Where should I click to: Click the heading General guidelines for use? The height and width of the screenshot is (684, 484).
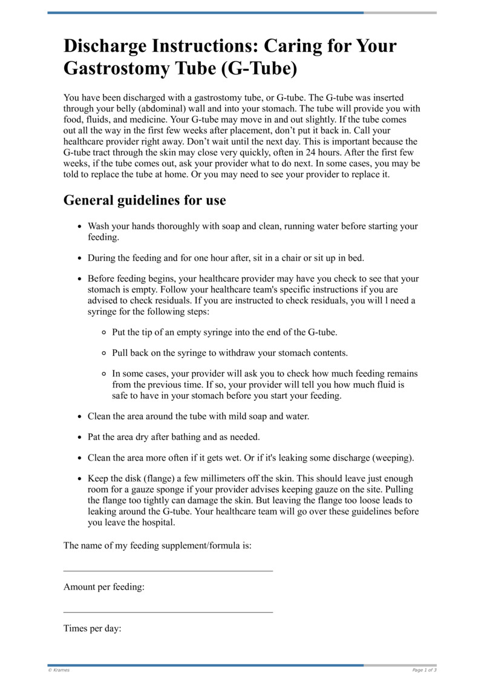145,200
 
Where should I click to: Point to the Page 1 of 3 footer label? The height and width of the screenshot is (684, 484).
424,670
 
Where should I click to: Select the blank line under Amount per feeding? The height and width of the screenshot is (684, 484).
168,612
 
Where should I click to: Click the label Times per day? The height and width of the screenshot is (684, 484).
93,629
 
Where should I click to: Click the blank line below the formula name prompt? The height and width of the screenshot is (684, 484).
168,570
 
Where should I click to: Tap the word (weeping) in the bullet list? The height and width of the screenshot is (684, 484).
393,457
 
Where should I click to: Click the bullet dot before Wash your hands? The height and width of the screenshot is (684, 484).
80,226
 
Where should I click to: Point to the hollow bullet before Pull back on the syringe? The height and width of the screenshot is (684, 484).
104,353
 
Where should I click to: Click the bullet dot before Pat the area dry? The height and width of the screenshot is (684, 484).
80,437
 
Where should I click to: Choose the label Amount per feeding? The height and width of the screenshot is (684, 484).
104,587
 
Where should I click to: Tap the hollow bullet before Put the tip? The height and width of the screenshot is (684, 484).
104,332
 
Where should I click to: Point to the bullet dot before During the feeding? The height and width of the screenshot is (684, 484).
80,258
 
